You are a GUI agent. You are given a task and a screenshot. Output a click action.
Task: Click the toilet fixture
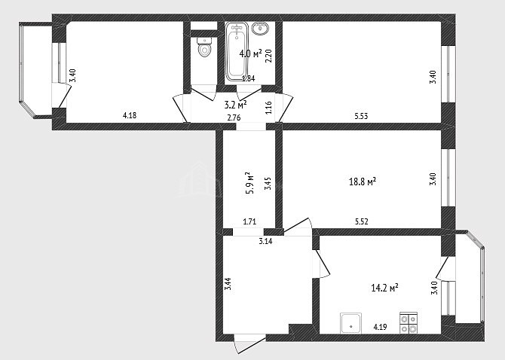[204, 47]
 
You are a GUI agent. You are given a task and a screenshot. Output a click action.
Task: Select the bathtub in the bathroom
[237, 51]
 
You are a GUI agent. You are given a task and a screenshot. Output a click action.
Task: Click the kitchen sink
[350, 323]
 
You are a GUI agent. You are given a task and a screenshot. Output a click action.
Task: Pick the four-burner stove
[409, 322]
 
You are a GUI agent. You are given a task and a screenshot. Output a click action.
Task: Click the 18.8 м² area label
[363, 182]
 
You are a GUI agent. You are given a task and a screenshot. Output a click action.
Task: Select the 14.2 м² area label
[384, 287]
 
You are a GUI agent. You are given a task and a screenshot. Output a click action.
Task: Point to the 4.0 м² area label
[250, 53]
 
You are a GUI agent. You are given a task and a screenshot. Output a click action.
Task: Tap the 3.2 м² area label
[235, 104]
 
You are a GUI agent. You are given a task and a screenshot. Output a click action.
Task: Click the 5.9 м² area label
[250, 183]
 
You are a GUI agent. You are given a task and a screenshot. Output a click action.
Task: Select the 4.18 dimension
[130, 115]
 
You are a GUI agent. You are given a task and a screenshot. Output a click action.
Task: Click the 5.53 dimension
[361, 116]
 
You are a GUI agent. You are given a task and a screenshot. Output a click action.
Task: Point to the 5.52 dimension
[361, 221]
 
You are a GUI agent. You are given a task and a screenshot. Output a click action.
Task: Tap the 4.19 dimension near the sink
[380, 327]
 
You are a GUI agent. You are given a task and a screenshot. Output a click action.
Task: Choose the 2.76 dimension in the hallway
[234, 117]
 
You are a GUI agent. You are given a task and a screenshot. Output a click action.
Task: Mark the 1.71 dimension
[249, 221]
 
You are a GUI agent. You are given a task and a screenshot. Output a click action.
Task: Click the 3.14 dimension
[265, 241]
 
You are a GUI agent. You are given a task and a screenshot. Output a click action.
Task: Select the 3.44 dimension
[228, 284]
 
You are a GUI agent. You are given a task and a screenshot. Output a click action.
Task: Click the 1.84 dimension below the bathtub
[248, 78]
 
